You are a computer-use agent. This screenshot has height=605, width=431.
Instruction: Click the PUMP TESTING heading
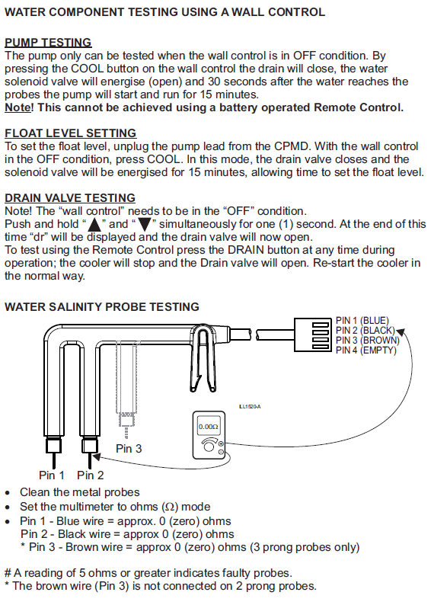tap(48, 43)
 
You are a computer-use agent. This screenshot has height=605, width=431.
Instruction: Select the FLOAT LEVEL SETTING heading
tap(71, 133)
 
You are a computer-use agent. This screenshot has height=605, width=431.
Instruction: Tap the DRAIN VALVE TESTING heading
tap(70, 198)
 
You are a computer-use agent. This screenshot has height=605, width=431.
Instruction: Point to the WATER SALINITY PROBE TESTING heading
tap(102, 307)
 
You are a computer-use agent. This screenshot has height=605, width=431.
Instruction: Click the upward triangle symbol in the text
tap(94, 224)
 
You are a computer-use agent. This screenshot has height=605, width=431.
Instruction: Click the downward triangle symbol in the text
tap(145, 224)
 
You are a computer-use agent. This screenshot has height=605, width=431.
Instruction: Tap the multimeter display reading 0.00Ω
tap(209, 427)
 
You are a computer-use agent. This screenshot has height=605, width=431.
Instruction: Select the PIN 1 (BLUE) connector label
tap(362, 321)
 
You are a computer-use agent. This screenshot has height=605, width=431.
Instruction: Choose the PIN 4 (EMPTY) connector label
tap(366, 351)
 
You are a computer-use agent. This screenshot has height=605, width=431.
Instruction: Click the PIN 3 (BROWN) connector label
tap(368, 341)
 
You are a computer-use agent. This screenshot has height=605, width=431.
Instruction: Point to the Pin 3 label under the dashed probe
tap(129, 448)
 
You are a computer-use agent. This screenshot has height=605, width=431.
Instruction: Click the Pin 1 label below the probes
tap(52, 475)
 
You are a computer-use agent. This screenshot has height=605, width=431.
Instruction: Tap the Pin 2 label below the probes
tap(91, 475)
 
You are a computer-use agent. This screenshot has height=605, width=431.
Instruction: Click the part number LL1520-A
tap(250, 407)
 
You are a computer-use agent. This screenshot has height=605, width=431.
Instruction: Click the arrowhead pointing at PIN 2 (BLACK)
tap(401, 332)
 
